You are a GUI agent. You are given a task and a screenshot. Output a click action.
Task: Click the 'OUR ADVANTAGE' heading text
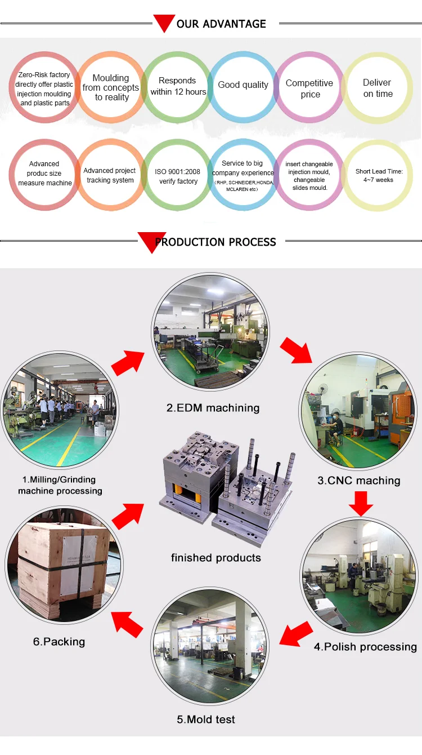coord(221,24)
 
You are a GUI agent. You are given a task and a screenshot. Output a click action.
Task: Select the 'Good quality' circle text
coord(243,85)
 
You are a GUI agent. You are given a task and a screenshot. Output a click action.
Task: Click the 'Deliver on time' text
coord(378,88)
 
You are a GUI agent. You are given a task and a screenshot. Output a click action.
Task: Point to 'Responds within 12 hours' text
coord(178,86)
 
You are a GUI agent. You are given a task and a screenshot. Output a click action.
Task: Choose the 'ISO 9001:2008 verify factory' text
coord(178,176)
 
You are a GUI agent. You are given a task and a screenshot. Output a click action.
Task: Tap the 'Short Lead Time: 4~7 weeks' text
coord(379,176)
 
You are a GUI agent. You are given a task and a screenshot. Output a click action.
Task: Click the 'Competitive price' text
coord(309,88)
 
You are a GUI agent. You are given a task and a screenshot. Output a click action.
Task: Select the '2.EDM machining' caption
coord(213,408)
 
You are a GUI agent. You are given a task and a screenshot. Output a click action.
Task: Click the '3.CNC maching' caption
coord(359,481)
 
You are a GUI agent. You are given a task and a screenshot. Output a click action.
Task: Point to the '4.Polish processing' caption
coord(366,647)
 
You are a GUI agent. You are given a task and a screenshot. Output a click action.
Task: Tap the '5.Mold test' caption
coord(206,720)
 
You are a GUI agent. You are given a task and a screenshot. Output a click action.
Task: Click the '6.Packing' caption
coord(59,642)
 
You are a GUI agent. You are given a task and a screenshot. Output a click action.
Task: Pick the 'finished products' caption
coord(216,558)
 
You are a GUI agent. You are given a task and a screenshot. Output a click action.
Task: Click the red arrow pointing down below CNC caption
coord(361,504)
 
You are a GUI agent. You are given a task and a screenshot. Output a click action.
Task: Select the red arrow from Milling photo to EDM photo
coord(128,363)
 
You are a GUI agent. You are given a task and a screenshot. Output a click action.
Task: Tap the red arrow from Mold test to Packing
coord(127,624)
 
